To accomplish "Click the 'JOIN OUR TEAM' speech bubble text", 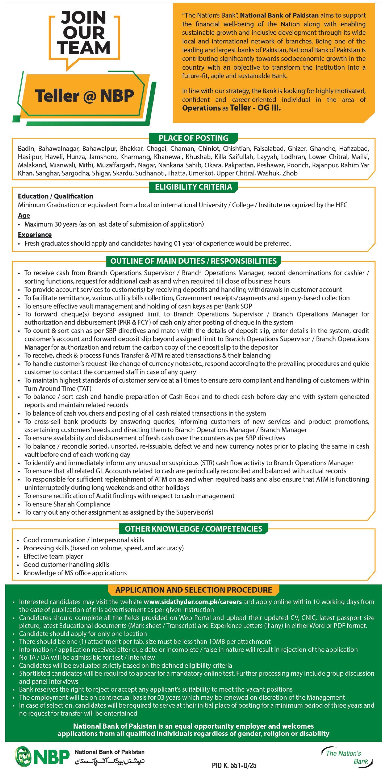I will click(84, 33).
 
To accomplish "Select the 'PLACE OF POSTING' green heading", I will click(193, 138).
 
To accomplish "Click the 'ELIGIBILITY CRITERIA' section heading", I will click(193, 187).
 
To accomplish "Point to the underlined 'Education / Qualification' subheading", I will click(55, 196).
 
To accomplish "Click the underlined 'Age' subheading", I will click(24, 216).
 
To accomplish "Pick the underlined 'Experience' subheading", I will click(35, 235).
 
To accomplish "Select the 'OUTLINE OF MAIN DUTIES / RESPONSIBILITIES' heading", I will click(193, 261).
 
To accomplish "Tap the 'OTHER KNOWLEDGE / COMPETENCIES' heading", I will click(193, 529).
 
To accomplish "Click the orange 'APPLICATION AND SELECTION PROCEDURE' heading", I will click(193, 590).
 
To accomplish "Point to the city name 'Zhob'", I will click(290, 173).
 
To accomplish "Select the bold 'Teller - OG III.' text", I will click(255, 108).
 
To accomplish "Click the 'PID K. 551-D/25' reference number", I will click(234, 765).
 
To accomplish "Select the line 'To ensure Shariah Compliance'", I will click(67, 504).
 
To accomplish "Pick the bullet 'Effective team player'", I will click(53, 556).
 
